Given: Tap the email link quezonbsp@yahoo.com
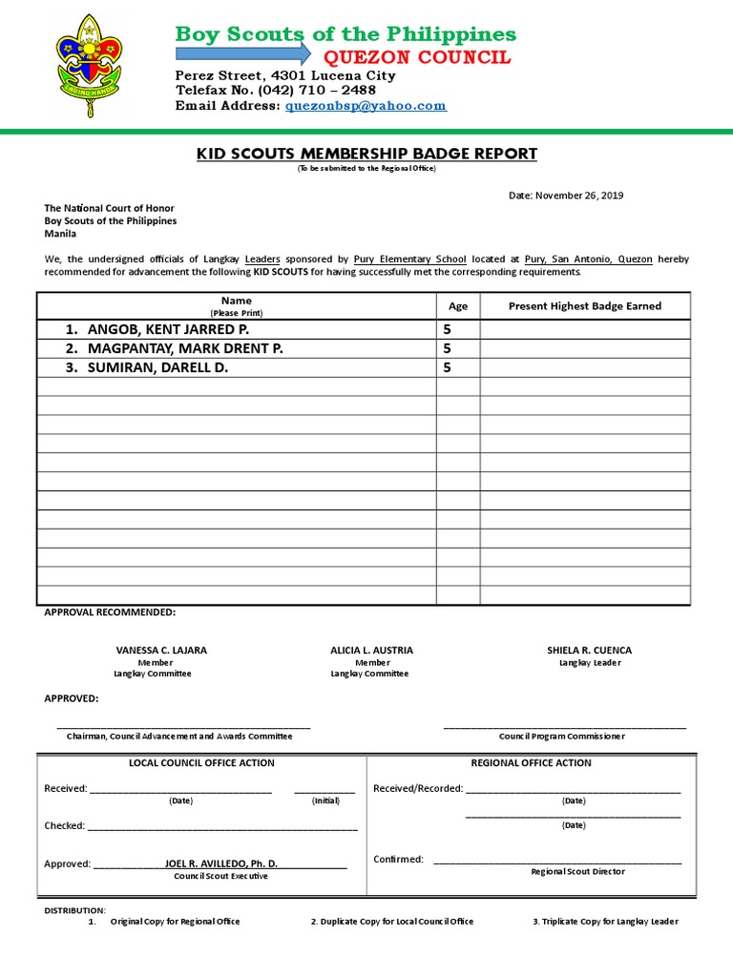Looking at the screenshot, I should coord(366,106).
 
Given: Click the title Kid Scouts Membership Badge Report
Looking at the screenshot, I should coord(366,154).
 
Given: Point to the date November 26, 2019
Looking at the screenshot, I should coord(565,196).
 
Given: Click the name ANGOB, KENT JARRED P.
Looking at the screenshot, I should coord(168,329).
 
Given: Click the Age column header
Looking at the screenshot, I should coord(458,306).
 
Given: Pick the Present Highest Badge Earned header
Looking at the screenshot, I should coord(584,306).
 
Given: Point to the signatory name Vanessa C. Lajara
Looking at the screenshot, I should coord(161,650).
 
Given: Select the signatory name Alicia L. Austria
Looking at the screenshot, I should coord(371,650).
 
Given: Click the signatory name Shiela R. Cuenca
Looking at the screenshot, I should coord(589,650).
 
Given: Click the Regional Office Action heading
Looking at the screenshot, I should coord(531,762).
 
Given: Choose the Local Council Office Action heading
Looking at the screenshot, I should coord(201,762).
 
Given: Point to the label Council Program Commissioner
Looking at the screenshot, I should coord(561,736).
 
